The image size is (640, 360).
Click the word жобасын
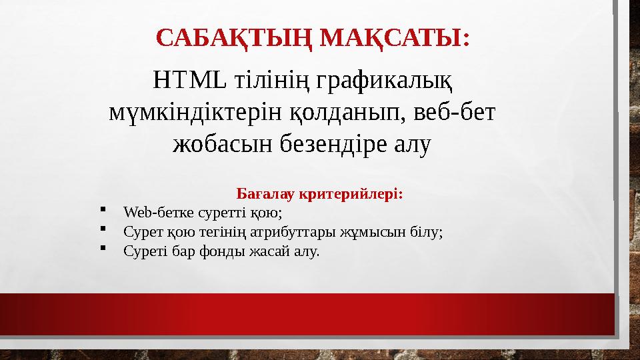coord(213,143)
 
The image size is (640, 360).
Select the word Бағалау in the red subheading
coord(266,195)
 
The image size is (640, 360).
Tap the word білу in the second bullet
coord(427,233)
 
